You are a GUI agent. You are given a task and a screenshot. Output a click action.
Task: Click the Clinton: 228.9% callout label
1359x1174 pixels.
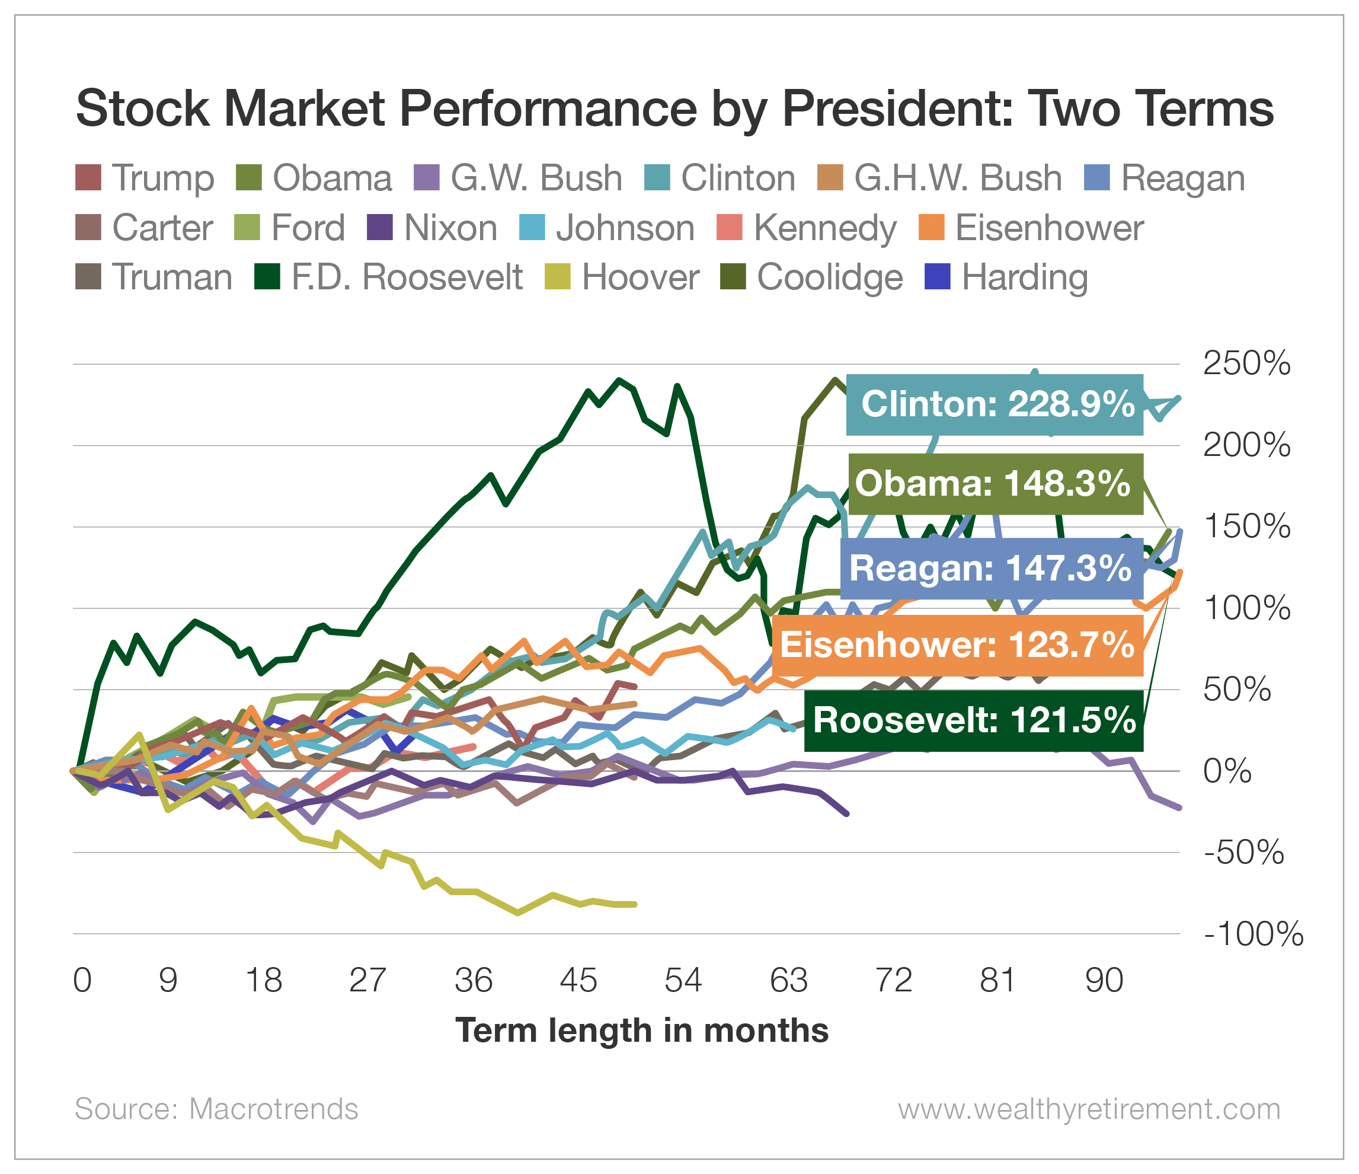(x=995, y=404)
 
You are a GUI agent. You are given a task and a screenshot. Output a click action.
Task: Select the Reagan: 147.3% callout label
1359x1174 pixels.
(x=991, y=567)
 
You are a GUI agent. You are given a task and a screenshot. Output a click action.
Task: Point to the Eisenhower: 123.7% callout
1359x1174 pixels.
(x=957, y=645)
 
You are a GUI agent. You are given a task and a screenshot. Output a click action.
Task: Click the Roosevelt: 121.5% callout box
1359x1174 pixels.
(x=974, y=720)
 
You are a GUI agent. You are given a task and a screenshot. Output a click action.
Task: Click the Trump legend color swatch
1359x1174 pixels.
(x=88, y=178)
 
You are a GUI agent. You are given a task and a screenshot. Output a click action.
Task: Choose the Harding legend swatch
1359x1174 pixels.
(x=936, y=277)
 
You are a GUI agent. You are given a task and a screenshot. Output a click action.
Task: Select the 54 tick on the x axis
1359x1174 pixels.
(x=683, y=981)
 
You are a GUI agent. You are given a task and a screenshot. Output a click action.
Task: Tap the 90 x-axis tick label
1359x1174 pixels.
(x=1104, y=981)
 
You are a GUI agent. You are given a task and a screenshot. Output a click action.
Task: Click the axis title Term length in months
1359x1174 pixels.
(x=641, y=1031)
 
